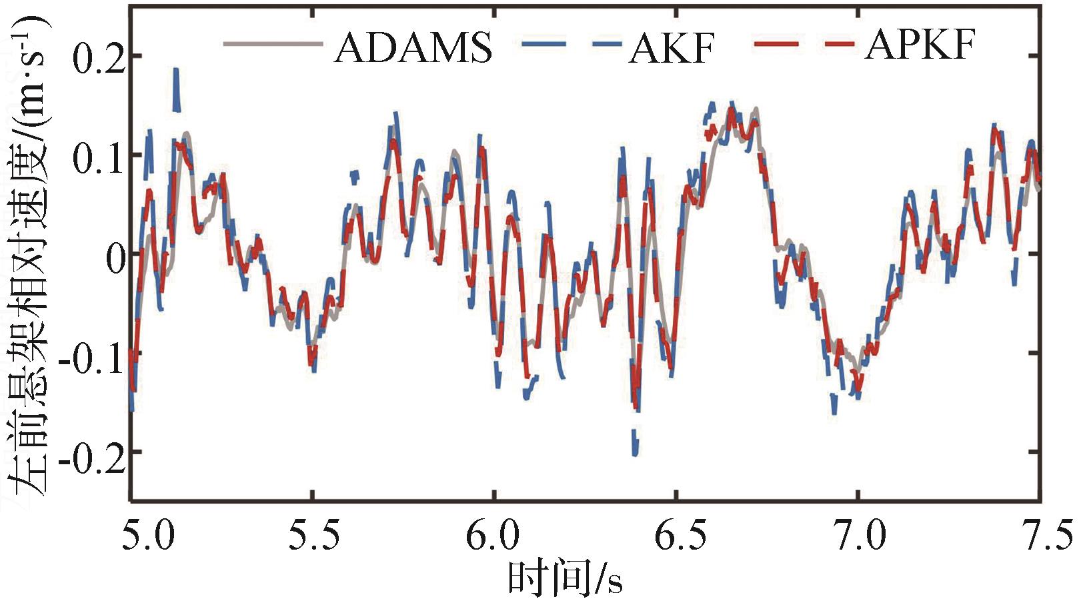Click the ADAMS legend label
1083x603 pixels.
pos(413,47)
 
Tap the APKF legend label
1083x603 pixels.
pos(920,45)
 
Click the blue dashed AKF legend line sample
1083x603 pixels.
pos(571,45)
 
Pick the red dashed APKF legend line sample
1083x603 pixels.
pos(805,45)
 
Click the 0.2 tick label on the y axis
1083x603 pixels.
pos(99,58)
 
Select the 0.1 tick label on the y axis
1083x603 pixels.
pos(99,157)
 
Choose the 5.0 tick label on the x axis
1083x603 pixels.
pos(147,536)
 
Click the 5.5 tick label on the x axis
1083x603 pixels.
pos(313,536)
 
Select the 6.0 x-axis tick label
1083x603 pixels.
pos(493,536)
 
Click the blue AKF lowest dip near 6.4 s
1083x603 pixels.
pos(635,452)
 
